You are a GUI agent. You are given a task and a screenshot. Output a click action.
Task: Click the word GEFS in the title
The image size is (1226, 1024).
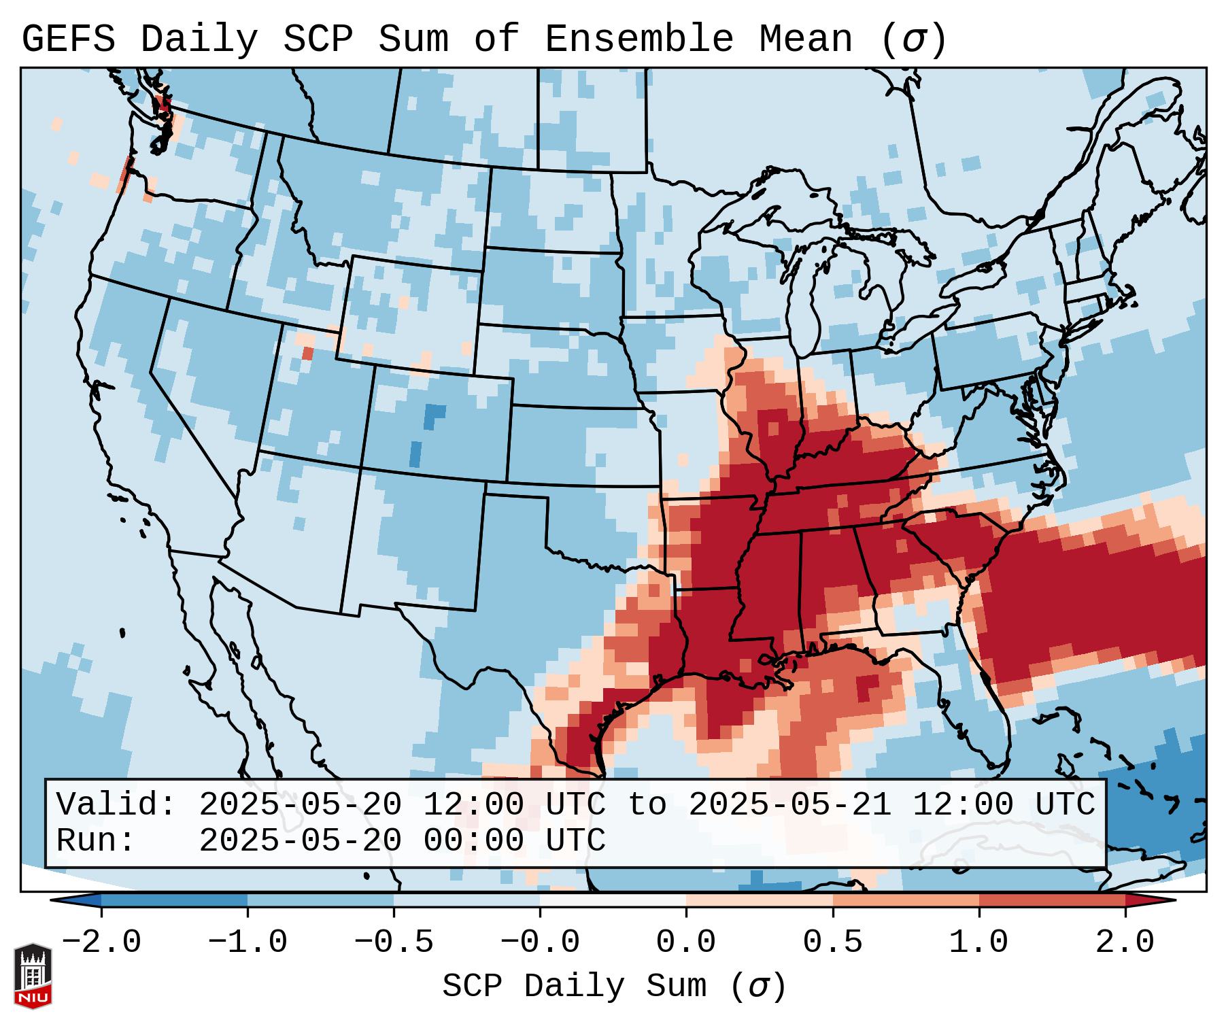(69, 39)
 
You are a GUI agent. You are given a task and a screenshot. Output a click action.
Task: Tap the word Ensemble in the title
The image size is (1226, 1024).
(639, 39)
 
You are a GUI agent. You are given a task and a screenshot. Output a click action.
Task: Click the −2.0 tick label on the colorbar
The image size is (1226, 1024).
(101, 942)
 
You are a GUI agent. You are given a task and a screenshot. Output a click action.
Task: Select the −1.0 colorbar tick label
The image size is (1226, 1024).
(248, 942)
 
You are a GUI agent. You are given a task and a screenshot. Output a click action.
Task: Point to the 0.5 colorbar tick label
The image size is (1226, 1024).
(832, 942)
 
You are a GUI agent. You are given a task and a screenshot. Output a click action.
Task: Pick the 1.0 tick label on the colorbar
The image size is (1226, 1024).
(978, 942)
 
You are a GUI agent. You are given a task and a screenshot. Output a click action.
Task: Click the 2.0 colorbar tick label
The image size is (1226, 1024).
(1125, 942)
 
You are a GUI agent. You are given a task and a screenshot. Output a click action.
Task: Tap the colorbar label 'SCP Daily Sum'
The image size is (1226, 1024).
(574, 986)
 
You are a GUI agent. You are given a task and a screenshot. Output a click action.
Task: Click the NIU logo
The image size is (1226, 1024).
(33, 975)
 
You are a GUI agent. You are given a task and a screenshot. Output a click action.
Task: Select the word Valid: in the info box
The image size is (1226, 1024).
(116, 804)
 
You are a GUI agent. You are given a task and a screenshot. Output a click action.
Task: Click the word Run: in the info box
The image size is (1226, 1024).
(95, 840)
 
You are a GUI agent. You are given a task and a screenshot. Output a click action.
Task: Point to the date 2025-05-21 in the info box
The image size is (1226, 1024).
(789, 804)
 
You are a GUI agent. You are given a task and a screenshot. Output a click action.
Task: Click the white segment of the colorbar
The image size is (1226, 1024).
(613, 900)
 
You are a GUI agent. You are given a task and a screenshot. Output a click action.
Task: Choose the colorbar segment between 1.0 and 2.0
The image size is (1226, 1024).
(1052, 900)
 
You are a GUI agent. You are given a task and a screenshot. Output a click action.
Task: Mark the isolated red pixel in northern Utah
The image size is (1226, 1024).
(307, 354)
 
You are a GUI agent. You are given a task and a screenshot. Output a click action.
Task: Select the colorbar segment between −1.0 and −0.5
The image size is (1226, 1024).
(320, 900)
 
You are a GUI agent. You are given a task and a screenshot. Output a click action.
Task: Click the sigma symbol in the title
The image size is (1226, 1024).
(913, 39)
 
